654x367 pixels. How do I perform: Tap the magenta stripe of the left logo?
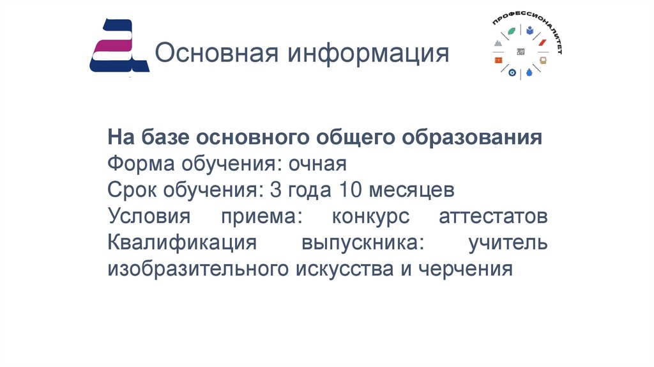click(112, 45)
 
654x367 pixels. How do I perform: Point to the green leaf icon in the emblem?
click(512, 31)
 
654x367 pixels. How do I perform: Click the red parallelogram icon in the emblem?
click(542, 43)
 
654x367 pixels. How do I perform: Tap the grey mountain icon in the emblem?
click(498, 43)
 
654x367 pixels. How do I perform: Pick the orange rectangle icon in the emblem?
click(498, 59)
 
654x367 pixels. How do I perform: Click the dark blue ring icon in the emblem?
click(512, 73)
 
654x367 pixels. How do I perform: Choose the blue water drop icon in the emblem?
click(529, 74)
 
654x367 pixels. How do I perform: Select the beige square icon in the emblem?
click(543, 60)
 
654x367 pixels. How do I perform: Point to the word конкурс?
click(370, 217)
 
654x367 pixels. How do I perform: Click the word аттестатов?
click(493, 217)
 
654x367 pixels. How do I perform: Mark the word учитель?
click(508, 243)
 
